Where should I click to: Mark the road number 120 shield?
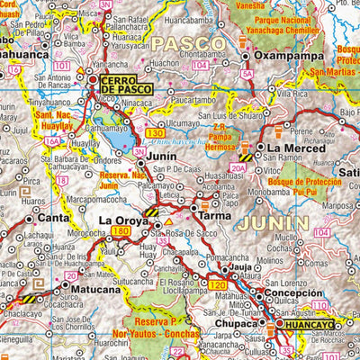pos(217,285)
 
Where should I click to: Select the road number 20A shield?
pos(238,166)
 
